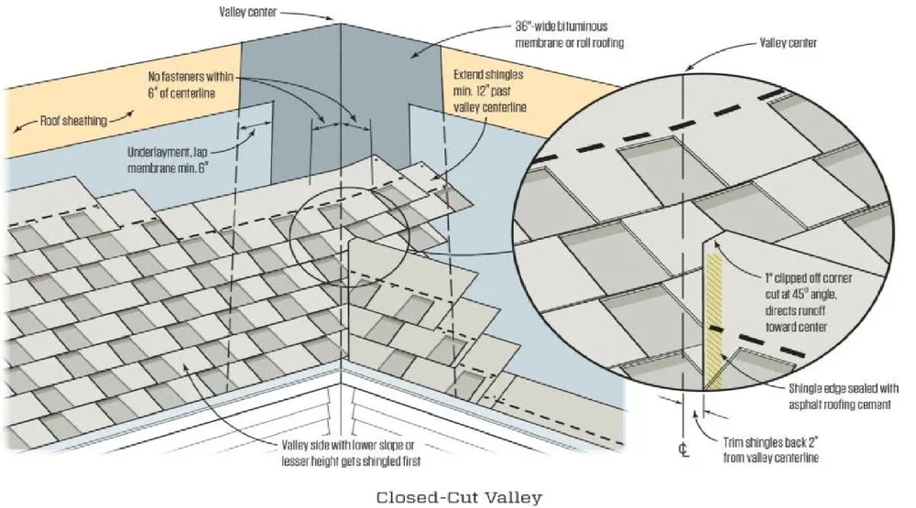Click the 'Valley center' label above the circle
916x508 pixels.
pyautogui.click(x=789, y=42)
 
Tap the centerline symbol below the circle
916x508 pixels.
pyautogui.click(x=682, y=449)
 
